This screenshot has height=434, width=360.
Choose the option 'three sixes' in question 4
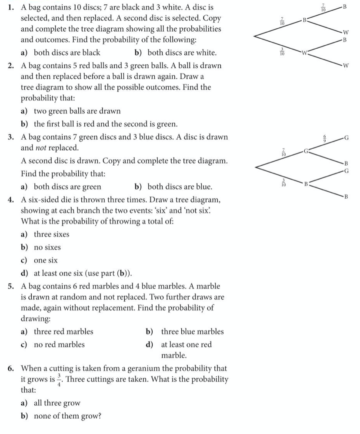51,234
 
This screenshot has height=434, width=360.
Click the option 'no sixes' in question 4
47,247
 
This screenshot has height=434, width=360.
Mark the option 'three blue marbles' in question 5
192,331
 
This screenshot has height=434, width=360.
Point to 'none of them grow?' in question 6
67,416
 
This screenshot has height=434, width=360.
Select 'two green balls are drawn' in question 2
77,111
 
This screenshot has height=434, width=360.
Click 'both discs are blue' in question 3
180,187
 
